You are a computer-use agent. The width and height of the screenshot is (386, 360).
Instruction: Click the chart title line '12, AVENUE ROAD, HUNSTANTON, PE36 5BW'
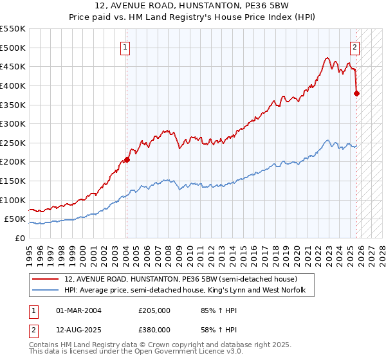point(193,6)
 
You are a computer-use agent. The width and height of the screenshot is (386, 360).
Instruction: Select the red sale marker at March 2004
point(127,159)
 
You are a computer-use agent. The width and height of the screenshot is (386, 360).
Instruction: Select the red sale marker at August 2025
point(357,93)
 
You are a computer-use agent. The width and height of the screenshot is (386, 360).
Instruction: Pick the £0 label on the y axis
point(19,238)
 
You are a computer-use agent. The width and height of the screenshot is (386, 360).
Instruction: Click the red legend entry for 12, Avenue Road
point(180,280)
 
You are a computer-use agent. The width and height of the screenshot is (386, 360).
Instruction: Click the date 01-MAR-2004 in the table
point(78,310)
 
